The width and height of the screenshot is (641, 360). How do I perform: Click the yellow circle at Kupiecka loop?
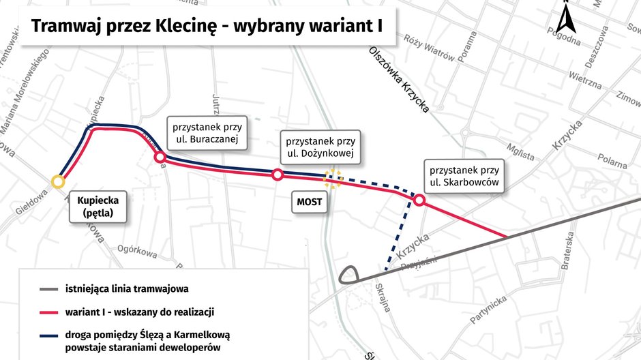[x=58, y=181]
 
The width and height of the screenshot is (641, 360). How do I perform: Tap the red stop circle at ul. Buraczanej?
[x=160, y=157]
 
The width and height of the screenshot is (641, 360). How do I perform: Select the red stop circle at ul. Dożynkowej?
[x=278, y=175]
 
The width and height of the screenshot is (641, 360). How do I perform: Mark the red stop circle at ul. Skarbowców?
[x=419, y=200]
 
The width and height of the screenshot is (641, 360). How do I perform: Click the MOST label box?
[x=308, y=202]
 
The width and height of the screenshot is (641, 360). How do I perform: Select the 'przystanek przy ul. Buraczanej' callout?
[x=207, y=134]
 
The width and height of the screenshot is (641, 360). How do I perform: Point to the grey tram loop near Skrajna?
[x=348, y=275]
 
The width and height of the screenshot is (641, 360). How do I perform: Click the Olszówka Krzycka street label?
[x=398, y=80]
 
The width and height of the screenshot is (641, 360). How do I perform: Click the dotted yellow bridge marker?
[x=333, y=179]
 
